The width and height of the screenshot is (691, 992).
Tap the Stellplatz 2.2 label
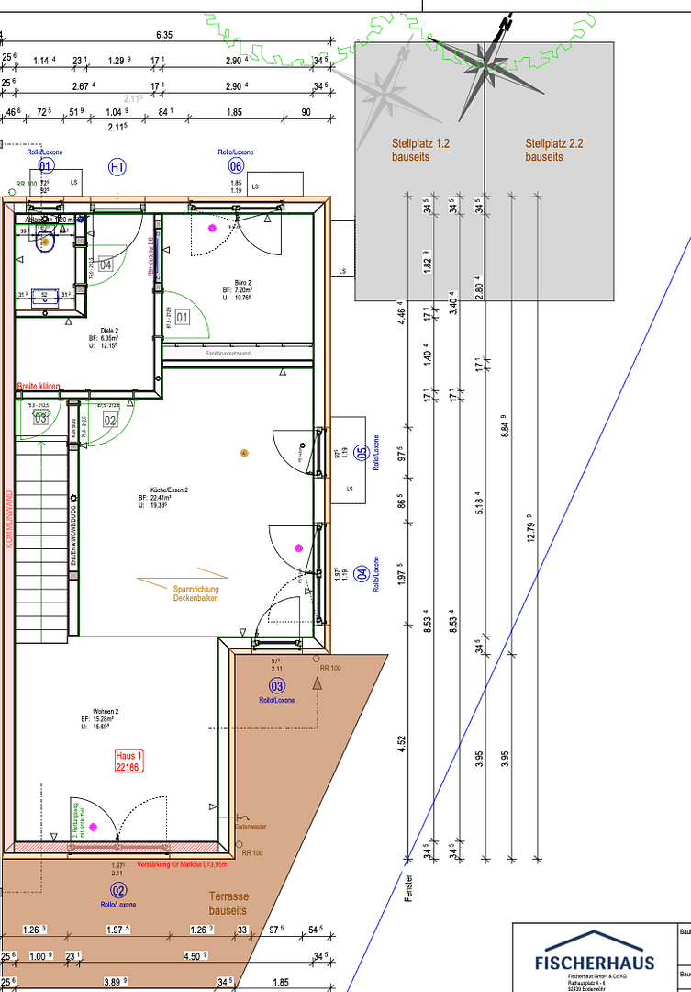tap(555, 151)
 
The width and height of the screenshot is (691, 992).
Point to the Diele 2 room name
tap(109, 330)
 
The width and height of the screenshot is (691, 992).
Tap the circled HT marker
tap(117, 167)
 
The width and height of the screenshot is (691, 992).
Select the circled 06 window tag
tap(236, 166)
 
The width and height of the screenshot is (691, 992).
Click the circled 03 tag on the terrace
tap(276, 686)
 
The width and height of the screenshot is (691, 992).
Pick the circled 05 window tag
tap(362, 452)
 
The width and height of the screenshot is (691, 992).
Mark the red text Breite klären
tap(39, 388)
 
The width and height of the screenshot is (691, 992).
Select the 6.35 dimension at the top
tap(164, 35)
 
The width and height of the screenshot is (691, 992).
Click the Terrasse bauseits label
tap(228, 903)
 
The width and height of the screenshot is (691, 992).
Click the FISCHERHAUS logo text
tap(596, 962)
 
